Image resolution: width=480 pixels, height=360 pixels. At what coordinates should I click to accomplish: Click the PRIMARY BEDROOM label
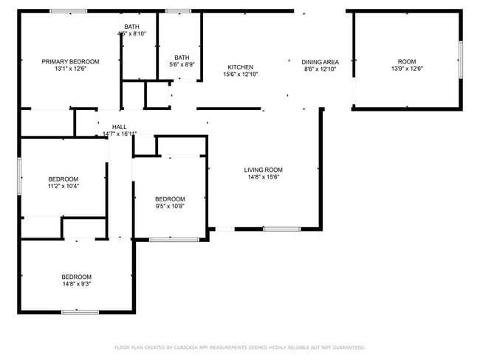(70, 62)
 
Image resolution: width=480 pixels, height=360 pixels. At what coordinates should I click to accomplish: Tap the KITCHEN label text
(241, 67)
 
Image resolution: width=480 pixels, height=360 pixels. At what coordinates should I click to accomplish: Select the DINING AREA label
(320, 62)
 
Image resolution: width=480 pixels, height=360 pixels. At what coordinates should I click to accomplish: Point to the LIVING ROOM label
(264, 170)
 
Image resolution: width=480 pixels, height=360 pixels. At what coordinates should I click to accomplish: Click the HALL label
(119, 127)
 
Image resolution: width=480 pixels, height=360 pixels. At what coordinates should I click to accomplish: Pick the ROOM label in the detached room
(406, 62)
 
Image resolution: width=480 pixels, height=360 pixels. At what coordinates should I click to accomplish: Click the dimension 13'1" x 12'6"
(70, 69)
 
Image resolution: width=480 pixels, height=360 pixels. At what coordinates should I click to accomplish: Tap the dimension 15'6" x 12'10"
(241, 75)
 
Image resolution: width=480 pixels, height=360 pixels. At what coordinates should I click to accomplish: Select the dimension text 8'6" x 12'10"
(320, 69)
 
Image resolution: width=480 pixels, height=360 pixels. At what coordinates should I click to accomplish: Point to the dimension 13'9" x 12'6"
(406, 69)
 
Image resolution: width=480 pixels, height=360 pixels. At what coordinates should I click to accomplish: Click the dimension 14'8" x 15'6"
(264, 178)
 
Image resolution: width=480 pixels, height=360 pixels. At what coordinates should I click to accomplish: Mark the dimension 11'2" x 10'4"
(63, 187)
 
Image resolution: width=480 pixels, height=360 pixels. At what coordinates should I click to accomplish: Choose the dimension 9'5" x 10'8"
(170, 207)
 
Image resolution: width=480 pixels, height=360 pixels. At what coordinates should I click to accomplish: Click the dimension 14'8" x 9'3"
(76, 284)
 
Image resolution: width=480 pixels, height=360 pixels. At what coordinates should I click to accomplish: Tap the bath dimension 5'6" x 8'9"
(181, 65)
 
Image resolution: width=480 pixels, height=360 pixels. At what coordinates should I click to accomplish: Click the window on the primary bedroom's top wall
(68, 11)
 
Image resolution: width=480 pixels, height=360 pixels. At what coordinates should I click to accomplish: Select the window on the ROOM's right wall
(461, 60)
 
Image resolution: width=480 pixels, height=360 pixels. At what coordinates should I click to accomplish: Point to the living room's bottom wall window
(281, 229)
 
